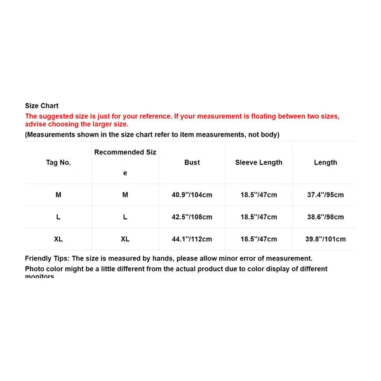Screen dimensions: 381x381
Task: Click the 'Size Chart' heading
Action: coord(41,106)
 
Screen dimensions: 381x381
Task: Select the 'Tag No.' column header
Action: coord(58,163)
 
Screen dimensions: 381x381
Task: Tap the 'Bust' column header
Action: coord(192,163)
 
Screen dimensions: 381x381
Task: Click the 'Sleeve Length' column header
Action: coord(258,163)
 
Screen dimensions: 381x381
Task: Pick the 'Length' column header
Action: coord(325,163)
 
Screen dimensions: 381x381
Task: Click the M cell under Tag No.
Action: coord(58,195)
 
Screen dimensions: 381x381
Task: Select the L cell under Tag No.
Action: coord(58,217)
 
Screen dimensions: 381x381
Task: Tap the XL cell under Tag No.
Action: coord(58,239)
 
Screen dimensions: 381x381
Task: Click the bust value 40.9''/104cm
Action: coord(192,195)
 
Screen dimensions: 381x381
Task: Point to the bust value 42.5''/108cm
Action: coord(192,217)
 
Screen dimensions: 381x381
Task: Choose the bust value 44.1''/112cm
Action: coord(192,239)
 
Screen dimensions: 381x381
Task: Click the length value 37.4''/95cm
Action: coord(325,195)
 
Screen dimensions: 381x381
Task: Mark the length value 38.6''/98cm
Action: coord(325,217)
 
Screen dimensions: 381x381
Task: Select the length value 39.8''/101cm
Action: coord(325,239)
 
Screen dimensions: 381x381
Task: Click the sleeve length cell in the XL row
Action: coord(258,239)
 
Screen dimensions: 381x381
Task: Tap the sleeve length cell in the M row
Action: coord(258,195)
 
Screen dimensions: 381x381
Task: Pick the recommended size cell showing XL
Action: coord(125,239)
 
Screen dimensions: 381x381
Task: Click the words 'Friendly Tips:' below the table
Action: coord(47,258)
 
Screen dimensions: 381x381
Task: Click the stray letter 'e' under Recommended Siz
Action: coord(125,173)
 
